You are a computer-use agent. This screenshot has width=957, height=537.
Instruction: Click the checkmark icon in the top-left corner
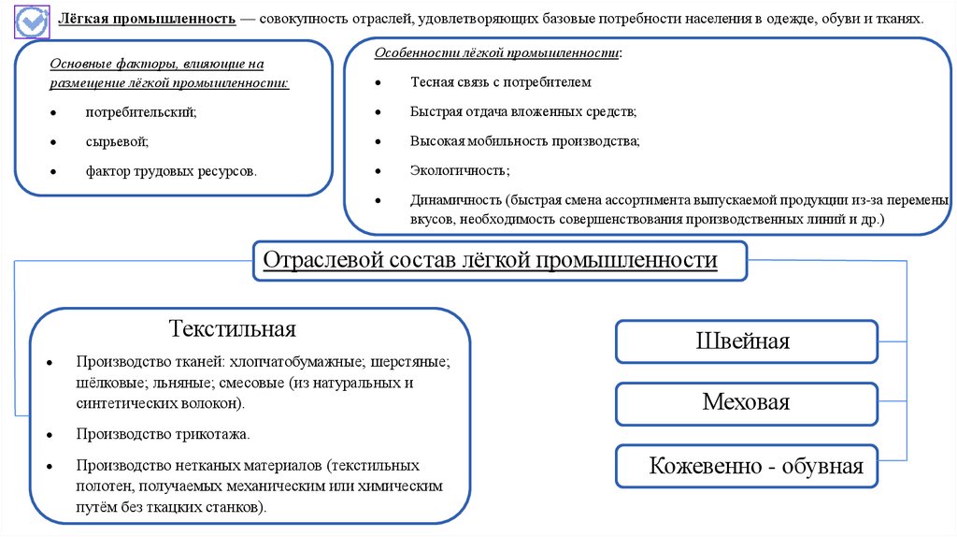(x=33, y=20)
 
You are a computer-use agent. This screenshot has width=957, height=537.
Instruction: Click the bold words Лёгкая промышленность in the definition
(x=148, y=19)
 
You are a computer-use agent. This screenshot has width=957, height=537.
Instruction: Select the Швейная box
(x=745, y=341)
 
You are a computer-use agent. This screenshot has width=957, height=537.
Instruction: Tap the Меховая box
(x=746, y=402)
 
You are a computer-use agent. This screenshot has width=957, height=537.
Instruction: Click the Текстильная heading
(x=233, y=328)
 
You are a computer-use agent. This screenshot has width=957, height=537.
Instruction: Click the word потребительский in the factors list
(x=141, y=112)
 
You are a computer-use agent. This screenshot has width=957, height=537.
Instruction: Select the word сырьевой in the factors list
(x=117, y=141)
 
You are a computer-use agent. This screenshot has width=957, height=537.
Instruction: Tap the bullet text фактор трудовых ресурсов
(x=171, y=171)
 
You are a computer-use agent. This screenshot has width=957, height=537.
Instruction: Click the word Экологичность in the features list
(x=459, y=170)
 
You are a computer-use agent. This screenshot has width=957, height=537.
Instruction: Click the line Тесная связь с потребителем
(x=501, y=82)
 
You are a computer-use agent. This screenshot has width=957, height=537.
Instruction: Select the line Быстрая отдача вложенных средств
(x=522, y=111)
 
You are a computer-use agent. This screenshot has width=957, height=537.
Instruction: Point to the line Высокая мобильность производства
(x=524, y=141)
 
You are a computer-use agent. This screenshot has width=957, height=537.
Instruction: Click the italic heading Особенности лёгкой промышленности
(x=496, y=53)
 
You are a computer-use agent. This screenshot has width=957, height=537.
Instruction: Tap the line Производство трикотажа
(x=164, y=434)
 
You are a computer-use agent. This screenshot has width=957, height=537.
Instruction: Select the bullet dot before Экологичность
(x=378, y=170)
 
